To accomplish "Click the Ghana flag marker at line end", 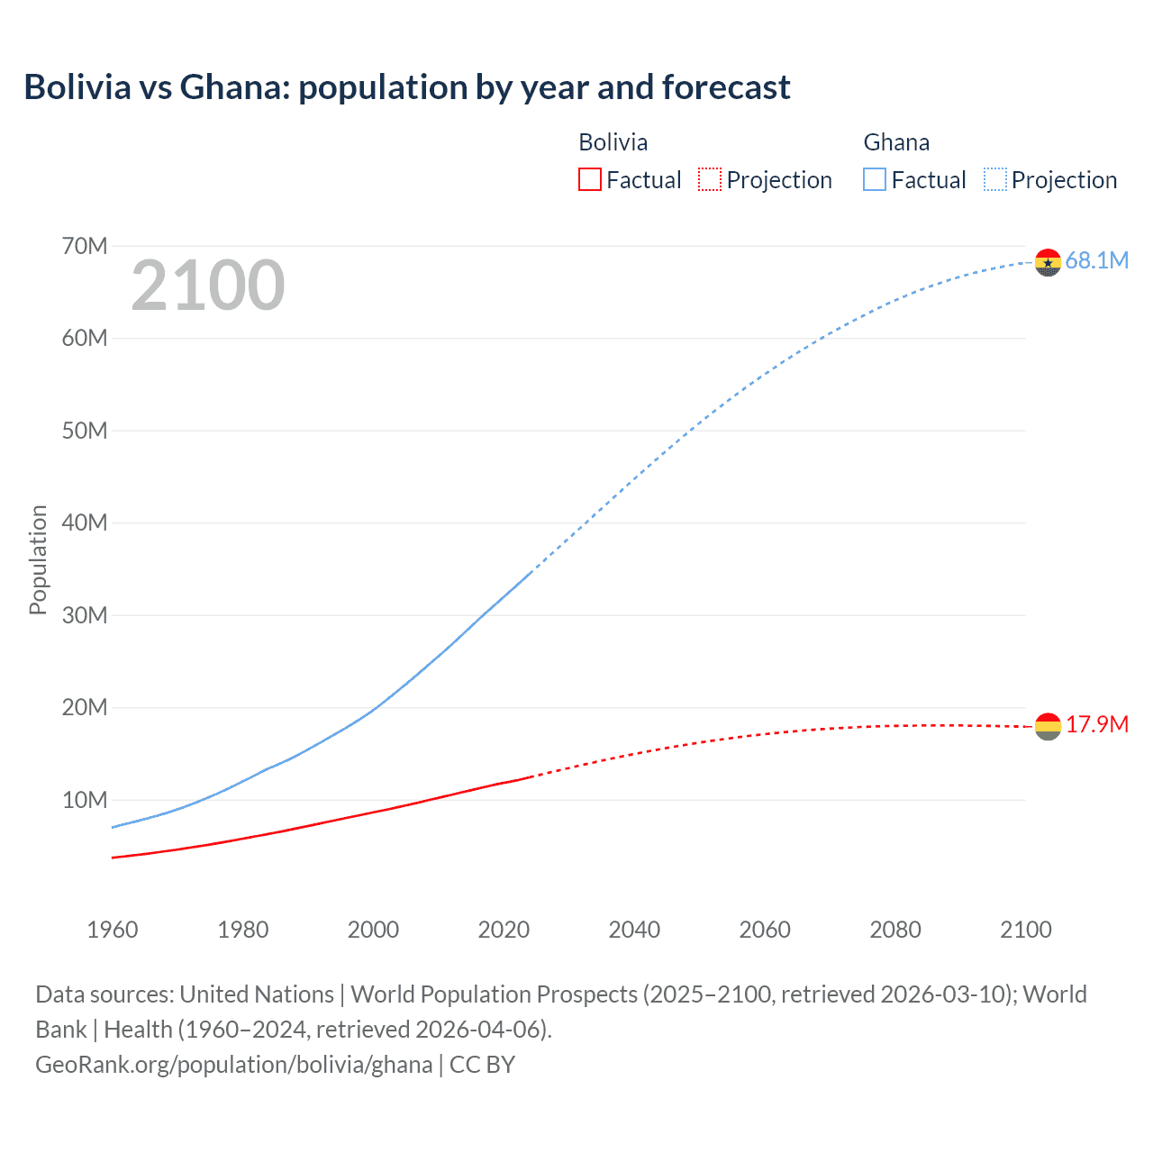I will point(1048,262).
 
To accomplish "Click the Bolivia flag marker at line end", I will point(1048,726).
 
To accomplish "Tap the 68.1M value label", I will point(1096,261).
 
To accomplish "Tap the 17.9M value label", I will point(1096,725).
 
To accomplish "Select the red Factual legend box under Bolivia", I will point(589,179).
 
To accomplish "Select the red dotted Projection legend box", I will point(710,179).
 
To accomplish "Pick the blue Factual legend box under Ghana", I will point(874,179).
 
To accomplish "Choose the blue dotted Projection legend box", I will point(994,179).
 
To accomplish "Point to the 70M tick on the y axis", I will point(85,246).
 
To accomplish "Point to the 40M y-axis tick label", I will point(85,522).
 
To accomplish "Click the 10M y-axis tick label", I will point(85,800).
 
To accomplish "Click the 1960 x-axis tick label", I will point(113,930).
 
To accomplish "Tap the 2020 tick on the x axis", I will point(504,930).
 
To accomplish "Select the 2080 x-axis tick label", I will point(895,930).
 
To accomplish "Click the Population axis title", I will point(38,559).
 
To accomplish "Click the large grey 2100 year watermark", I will point(208,286).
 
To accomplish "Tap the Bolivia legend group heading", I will point(613,142).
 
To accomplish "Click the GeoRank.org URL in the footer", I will point(233,1065).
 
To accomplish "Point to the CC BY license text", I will point(482,1065).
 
